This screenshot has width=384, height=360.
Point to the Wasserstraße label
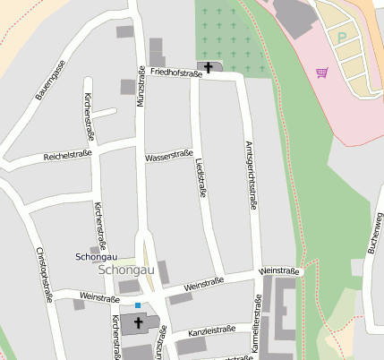(x=168, y=157)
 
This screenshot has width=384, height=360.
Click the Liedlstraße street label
(x=202, y=176)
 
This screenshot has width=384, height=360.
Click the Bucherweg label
(x=374, y=232)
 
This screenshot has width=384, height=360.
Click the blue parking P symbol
(x=341, y=38)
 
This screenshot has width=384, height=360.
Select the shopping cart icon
(x=321, y=73)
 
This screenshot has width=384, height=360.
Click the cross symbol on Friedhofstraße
(x=209, y=66)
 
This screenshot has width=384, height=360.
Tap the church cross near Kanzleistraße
(x=139, y=322)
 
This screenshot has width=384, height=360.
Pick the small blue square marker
(x=138, y=305)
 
